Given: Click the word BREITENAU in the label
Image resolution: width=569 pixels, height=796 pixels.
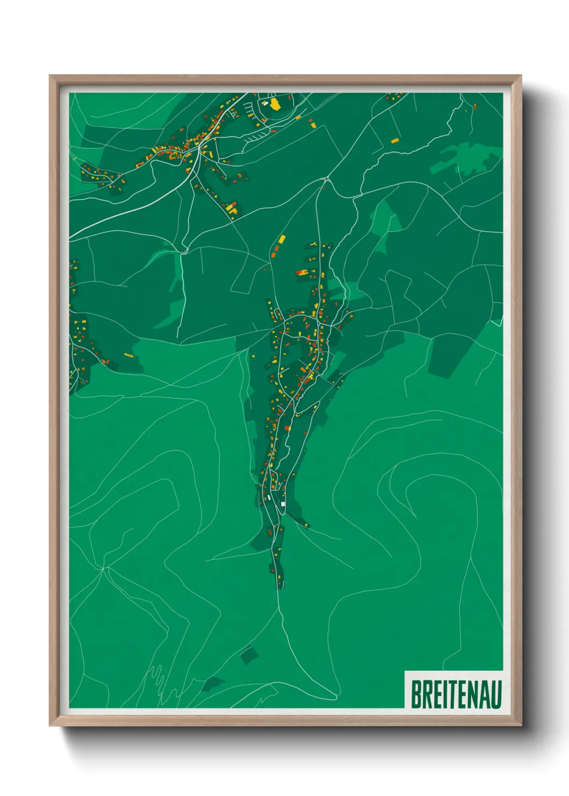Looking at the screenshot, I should coord(456,694).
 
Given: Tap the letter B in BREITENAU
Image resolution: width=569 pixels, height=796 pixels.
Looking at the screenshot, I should coord(416,694).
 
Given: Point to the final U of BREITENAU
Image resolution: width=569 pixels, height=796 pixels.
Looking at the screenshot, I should coord(496,694).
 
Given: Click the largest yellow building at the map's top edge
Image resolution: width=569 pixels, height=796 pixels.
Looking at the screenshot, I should coord(275,104).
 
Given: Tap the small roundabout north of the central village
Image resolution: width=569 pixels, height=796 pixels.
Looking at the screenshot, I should coord(326,179).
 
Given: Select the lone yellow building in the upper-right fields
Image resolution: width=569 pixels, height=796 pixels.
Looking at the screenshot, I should coord(395,141).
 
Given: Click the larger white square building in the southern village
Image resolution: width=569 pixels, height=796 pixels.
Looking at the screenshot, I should coord(283,504).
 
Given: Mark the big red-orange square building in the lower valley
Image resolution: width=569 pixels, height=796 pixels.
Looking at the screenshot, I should coord(287,428).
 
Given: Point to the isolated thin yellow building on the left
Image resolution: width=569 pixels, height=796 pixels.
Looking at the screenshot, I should coord(128,355).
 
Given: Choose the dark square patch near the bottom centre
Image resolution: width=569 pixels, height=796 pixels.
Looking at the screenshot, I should coord(248,655).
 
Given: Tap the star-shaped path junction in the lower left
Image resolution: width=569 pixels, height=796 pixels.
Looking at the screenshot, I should coord(103,567).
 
